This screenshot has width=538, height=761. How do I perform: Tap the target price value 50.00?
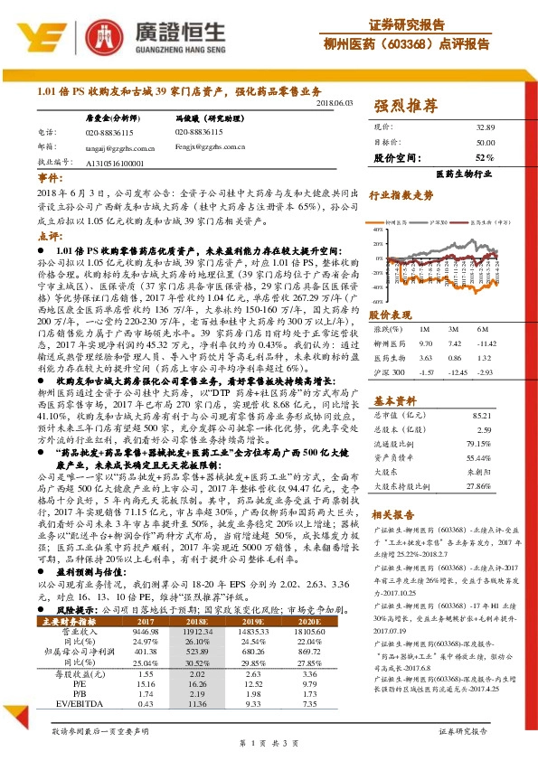coord(486,143)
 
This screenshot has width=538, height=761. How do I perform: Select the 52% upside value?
coord(485,157)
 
